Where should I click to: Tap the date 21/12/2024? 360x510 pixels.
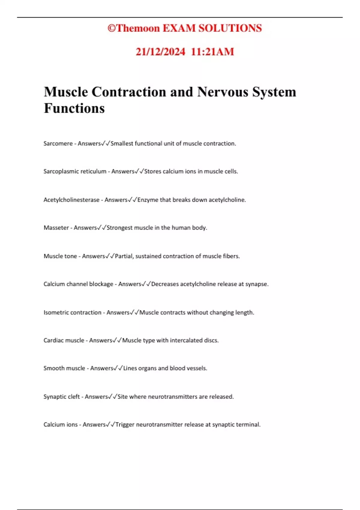pos(160,52)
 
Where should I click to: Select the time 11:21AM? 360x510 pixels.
pos(212,52)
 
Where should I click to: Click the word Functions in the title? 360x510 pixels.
pos(74,108)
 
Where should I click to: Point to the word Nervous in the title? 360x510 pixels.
pos(222,92)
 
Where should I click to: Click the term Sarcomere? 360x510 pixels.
pos(58,143)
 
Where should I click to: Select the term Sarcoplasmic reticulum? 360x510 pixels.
pos(75,171)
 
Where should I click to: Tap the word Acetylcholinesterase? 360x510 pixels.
pos(71,200)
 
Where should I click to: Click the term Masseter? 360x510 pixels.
pos(56,228)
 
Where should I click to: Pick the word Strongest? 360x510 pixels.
pos(119,228)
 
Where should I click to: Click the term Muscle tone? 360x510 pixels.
pos(60,256)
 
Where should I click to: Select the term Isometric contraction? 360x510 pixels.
pos(72,313)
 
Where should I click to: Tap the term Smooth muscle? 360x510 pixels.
pos(64,368)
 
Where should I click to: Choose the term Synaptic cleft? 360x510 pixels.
pos(61,397)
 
